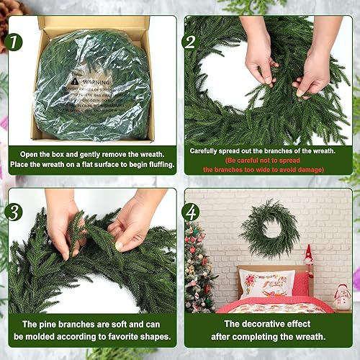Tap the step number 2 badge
point(191,42)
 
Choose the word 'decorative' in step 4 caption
point(254,324)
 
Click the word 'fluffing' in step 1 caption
point(158,164)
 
